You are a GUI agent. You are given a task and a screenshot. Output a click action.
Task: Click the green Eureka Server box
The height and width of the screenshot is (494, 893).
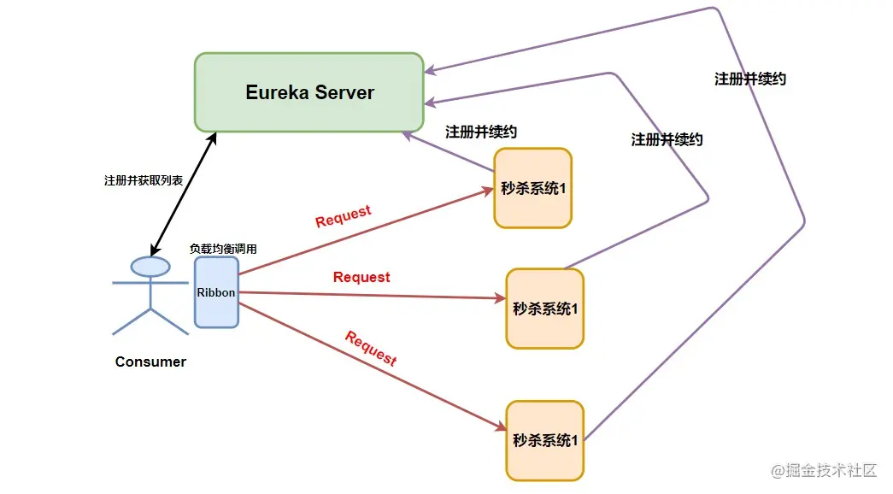pos(309,92)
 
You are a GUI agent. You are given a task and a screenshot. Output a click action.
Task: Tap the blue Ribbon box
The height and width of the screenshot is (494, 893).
pos(216,292)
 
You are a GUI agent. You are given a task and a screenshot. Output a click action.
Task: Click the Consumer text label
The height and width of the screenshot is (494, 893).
pos(150,362)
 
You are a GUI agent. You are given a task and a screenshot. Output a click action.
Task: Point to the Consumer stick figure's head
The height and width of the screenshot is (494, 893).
pos(150,267)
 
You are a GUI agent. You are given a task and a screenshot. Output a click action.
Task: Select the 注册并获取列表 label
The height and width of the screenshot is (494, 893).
pos(144,180)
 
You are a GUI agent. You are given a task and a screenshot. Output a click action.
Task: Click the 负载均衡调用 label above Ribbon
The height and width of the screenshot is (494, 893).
pos(223,249)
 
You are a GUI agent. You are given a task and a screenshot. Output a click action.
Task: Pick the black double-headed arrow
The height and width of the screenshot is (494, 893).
pos(184,194)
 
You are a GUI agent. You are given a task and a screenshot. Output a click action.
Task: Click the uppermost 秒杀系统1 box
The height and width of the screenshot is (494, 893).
pos(533,188)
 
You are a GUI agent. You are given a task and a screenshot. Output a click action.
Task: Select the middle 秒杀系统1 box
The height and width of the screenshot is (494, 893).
pos(545,309)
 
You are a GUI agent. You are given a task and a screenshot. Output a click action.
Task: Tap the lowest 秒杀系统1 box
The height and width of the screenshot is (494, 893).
pos(545,440)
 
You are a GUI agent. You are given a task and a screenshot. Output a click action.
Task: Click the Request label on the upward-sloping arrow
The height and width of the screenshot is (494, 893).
pos(343,216)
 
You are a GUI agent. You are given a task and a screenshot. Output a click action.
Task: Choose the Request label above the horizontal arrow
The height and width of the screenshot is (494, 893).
pos(361,277)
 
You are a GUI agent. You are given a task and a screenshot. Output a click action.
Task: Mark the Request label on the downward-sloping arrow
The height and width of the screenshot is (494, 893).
pos(371,348)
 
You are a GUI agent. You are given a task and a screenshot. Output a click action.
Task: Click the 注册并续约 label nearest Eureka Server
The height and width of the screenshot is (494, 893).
pos(481,132)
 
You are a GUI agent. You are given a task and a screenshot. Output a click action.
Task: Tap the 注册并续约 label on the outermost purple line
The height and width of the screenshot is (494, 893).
pos(750,79)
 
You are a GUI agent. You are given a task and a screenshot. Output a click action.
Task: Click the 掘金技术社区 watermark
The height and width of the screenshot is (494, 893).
pos(824,469)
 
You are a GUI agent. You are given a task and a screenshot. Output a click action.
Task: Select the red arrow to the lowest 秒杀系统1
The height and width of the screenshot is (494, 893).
pos(373,367)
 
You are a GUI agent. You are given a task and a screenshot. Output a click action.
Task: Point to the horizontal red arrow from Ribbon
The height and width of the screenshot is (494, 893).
pos(373,295)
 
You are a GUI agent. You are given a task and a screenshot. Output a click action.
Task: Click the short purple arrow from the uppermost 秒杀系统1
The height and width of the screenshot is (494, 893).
pos(448,151)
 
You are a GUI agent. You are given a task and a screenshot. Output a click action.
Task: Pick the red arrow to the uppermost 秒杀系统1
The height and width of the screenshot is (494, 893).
pos(367,232)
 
